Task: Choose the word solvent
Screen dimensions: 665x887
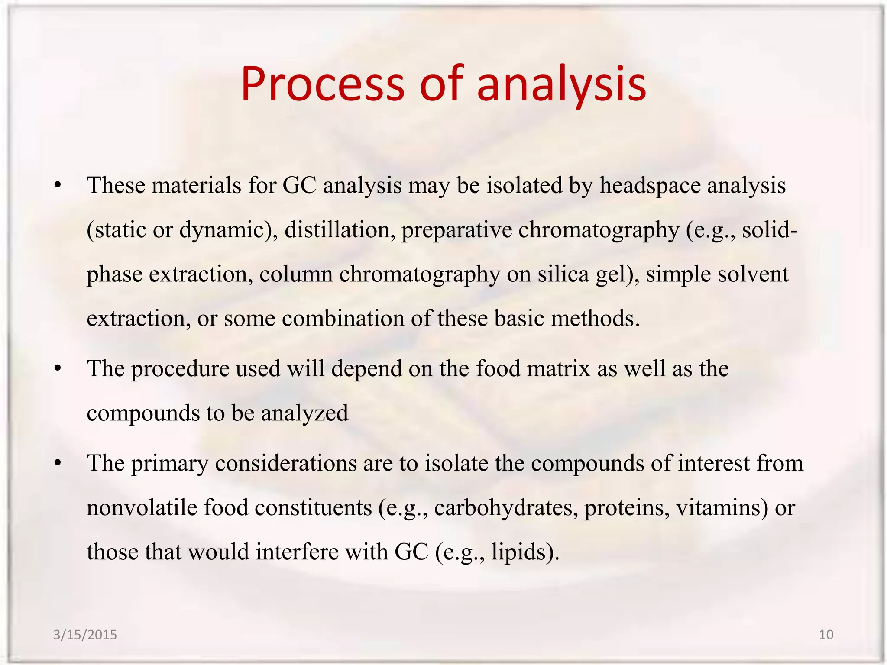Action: tap(753, 274)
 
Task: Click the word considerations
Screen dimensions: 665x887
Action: tap(286, 463)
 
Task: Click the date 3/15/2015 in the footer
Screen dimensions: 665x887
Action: tap(85, 635)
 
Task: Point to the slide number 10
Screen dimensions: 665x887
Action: tap(826, 635)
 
